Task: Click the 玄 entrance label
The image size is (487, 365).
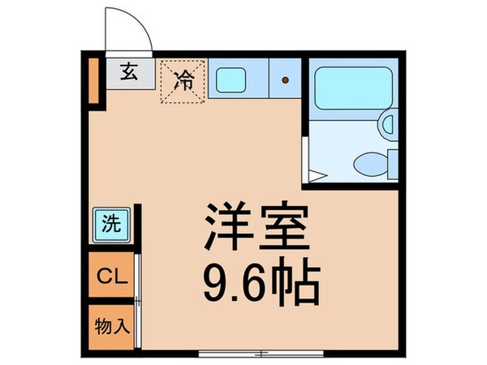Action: (129, 71)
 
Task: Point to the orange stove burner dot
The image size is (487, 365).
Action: (285, 79)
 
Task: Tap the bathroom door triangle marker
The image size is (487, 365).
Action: (316, 174)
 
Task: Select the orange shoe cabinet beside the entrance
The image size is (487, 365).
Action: (93, 79)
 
